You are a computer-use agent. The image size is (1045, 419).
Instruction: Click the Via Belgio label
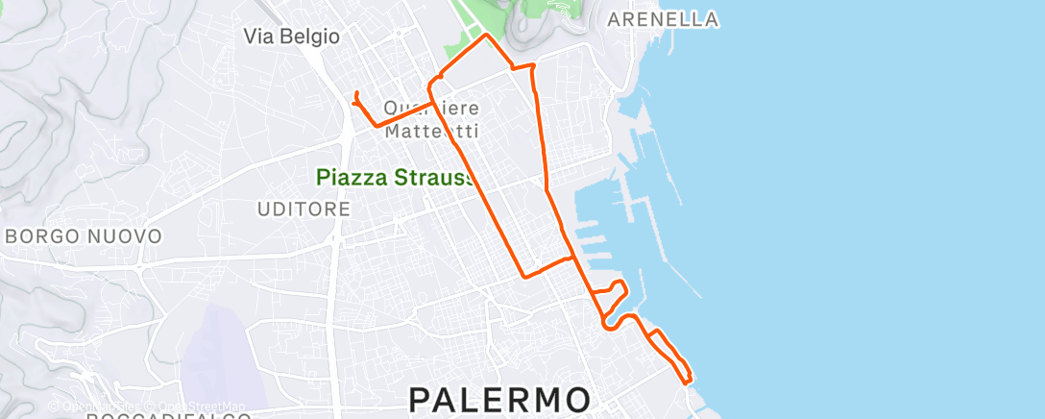[x=292, y=37]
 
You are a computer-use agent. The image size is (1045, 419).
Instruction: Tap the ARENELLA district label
[x=664, y=19]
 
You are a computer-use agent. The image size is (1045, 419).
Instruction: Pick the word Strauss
[x=439, y=178]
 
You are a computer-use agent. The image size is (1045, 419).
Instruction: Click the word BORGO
[x=44, y=235]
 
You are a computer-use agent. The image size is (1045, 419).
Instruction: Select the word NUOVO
[x=127, y=235]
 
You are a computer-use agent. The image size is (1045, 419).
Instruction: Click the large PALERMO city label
[x=500, y=399]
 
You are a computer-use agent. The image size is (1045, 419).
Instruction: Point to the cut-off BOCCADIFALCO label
[x=168, y=415]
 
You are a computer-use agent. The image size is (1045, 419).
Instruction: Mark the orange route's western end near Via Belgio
[x=356, y=93]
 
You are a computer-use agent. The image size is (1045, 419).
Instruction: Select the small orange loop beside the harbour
[x=613, y=294]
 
